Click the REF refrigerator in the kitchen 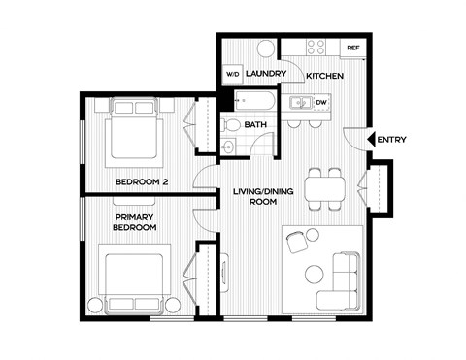pos(352,48)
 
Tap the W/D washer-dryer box pos(233,75)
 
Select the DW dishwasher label pos(321,102)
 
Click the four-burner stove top pos(316,48)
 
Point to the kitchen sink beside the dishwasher pos(300,102)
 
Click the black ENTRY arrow pos(362,140)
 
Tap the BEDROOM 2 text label pos(143,181)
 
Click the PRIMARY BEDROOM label pos(136,222)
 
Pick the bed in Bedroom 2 pos(133,135)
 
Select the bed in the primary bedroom pos(135,280)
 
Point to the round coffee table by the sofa pos(313,274)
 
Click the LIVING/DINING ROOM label pos(257,197)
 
